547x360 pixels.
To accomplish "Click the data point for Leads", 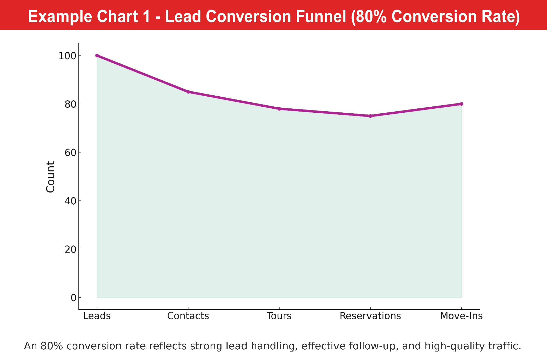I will pos(97,56).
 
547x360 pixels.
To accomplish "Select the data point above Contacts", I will pos(188,92).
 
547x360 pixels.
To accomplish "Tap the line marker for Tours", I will pos(279,109).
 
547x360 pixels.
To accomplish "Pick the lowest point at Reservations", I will pos(370,116).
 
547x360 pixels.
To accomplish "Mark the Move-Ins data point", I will pos(461,104).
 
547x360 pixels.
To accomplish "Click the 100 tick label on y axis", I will pos(67,56).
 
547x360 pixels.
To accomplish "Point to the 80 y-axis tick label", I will pos(70,104).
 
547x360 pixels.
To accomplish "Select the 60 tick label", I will pos(70,153).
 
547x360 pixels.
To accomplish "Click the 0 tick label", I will pos(73,298).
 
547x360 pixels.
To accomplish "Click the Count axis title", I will pos(51,177).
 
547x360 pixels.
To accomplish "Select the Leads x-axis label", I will pos(97,316).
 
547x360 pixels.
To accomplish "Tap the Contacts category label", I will pos(188,316).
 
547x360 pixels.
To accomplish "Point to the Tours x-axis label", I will pos(279,316).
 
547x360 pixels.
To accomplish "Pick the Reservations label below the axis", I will pos(370,316).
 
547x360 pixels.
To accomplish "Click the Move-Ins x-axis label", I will pos(461,316).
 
